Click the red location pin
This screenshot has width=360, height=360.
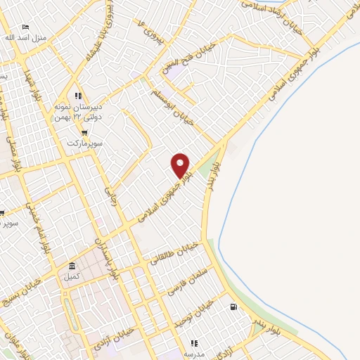181,165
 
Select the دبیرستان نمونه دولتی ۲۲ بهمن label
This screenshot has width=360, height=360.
79,112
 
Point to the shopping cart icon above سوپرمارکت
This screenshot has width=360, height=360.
84,132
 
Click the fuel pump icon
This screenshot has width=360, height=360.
233,307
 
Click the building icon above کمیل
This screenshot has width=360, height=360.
72,267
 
